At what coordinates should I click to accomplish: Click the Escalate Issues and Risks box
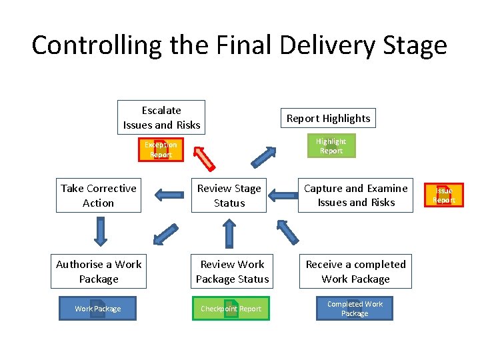pyautogui.click(x=161, y=117)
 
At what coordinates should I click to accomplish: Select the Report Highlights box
pyautogui.click(x=328, y=118)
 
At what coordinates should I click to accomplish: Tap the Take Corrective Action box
pyautogui.click(x=98, y=195)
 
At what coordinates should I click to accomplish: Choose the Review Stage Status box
pyautogui.click(x=229, y=195)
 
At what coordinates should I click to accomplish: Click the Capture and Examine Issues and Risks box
pyautogui.click(x=356, y=195)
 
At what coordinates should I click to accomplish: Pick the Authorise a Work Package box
pyautogui.click(x=98, y=271)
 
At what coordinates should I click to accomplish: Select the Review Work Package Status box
pyautogui.click(x=232, y=271)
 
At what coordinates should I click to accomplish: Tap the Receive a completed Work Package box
pyautogui.click(x=355, y=271)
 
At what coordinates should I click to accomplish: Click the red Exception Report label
pyautogui.click(x=161, y=150)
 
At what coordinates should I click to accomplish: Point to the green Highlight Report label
pyautogui.click(x=331, y=146)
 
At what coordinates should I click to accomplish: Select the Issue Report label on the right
pyautogui.click(x=443, y=195)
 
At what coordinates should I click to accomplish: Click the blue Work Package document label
pyautogui.click(x=98, y=309)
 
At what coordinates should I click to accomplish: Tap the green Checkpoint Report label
pyautogui.click(x=231, y=309)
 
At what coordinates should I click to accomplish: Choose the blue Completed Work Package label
pyautogui.click(x=355, y=309)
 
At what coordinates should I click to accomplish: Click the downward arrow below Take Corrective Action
pyautogui.click(x=100, y=232)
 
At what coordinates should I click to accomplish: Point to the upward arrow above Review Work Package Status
pyautogui.click(x=229, y=234)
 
